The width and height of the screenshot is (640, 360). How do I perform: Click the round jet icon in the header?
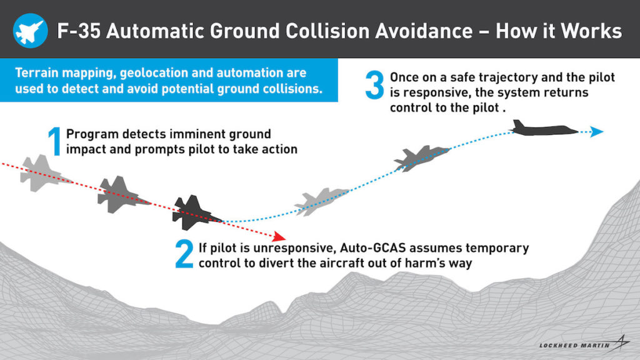click(30, 31)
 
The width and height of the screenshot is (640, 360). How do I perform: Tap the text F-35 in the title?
click(79, 31)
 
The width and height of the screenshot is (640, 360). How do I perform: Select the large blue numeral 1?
click(55, 141)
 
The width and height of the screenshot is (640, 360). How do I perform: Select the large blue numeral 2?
click(184, 254)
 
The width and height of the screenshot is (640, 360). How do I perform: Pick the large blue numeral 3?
click(375, 85)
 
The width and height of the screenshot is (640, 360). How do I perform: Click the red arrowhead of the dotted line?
click(279, 236)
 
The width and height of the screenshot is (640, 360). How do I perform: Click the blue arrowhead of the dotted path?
click(597, 131)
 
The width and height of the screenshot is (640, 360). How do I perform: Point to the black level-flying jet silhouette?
click(544, 128)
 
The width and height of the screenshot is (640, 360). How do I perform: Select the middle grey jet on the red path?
click(121, 195)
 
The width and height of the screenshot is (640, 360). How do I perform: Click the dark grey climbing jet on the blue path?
click(421, 158)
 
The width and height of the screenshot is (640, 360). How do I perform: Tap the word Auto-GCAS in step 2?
click(373, 248)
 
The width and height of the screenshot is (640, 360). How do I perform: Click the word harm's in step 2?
click(426, 263)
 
